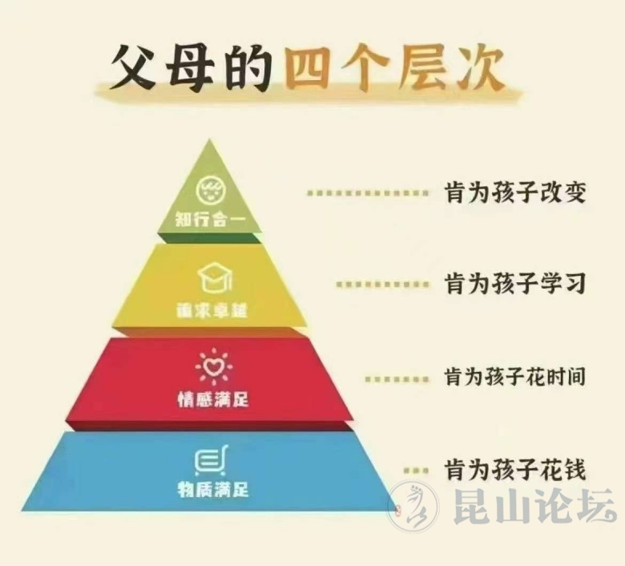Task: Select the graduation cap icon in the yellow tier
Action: coord(212,280)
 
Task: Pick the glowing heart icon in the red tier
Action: coord(212,367)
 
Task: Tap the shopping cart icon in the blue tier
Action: coord(210,462)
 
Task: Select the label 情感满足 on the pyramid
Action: coord(212,398)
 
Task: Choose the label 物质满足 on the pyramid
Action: coord(212,488)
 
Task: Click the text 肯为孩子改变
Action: coord(516,192)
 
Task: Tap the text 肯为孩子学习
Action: coord(516,284)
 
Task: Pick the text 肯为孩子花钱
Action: coord(516,468)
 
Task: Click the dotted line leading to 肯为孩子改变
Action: coord(367,193)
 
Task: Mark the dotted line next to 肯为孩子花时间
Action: coord(396,376)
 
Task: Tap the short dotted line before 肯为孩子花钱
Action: coord(415,469)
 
